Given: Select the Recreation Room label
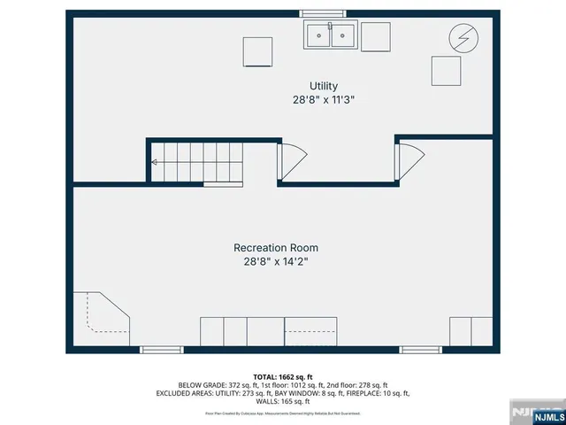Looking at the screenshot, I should pyautogui.click(x=275, y=248).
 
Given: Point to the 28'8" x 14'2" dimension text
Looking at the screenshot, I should pyautogui.click(x=275, y=262).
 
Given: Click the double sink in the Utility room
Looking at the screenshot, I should pyautogui.click(x=331, y=35).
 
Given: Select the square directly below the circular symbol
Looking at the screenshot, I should pyautogui.click(x=446, y=69).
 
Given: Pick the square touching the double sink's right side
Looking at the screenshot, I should pyautogui.click(x=375, y=35).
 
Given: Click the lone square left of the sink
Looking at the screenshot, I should pyautogui.click(x=258, y=51).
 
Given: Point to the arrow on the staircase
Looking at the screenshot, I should pyautogui.click(x=156, y=162).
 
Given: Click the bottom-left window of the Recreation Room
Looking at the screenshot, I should pyautogui.click(x=162, y=350).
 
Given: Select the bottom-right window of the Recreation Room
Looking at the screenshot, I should pyautogui.click(x=421, y=350).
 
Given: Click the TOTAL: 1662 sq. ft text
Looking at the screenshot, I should pyautogui.click(x=283, y=376).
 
